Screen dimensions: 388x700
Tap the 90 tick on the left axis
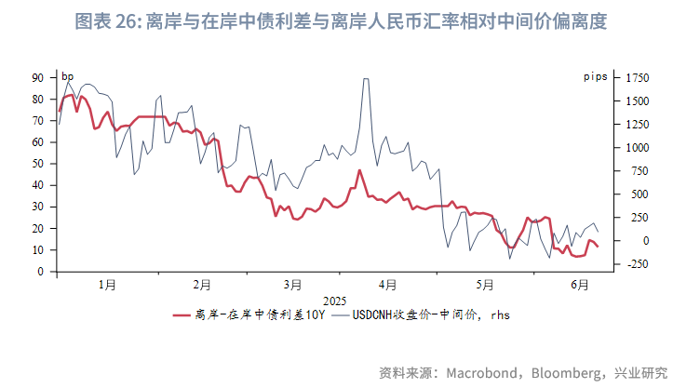(38, 77)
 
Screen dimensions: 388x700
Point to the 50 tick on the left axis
(38, 164)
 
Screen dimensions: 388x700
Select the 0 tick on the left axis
(41, 272)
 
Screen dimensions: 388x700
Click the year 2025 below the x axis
(334, 301)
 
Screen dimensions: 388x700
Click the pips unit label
(596, 74)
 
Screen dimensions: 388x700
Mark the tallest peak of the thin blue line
(365, 79)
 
